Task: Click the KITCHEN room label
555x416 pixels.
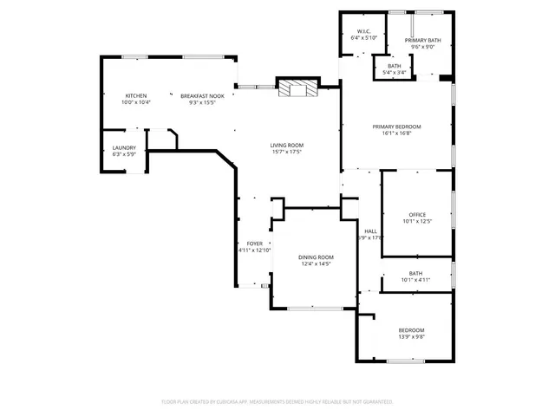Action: (x=136, y=95)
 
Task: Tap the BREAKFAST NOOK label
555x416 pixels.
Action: (x=202, y=95)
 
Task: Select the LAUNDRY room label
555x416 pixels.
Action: (x=124, y=147)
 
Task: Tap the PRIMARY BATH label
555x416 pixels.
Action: (x=421, y=40)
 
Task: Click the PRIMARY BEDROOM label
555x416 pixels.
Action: (x=397, y=127)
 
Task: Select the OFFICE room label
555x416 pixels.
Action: (x=417, y=214)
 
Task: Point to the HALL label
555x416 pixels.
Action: (x=370, y=231)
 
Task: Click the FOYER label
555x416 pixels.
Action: (x=254, y=244)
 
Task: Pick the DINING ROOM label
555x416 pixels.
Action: (x=316, y=257)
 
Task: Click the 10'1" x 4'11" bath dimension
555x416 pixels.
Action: (x=415, y=280)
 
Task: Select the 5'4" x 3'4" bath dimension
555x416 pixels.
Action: (x=395, y=73)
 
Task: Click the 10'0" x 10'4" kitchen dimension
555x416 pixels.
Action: (x=136, y=102)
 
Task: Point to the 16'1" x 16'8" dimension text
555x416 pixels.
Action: (x=397, y=133)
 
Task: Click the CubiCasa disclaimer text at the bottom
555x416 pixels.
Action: (x=277, y=401)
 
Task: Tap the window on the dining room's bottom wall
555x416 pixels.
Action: (x=315, y=309)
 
